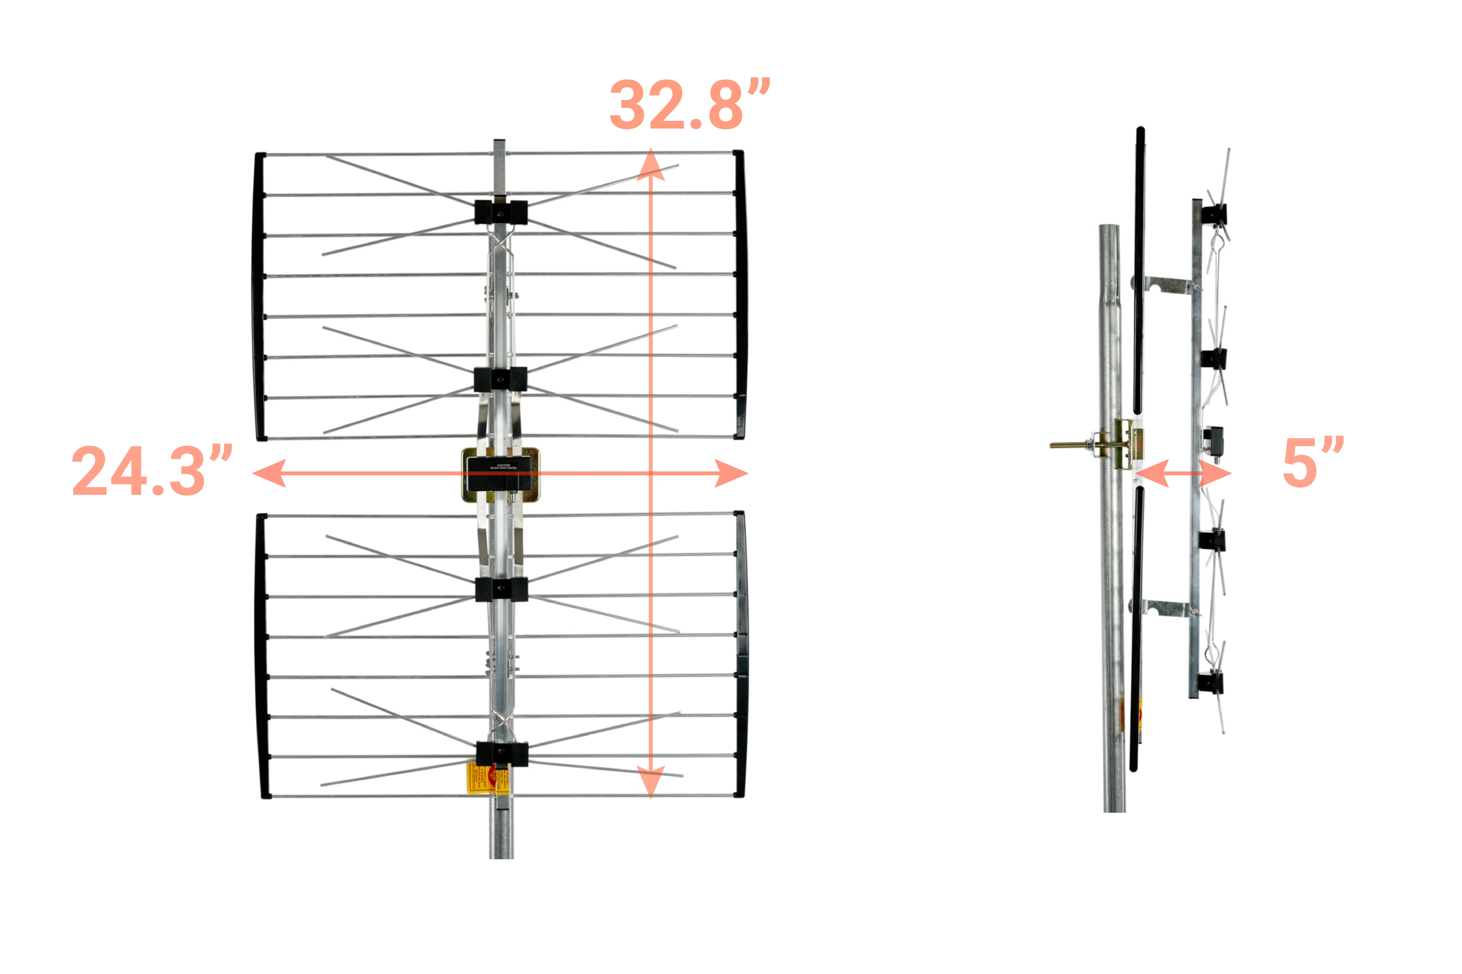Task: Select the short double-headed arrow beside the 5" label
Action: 1183,473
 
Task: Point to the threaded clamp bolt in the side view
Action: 1070,445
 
